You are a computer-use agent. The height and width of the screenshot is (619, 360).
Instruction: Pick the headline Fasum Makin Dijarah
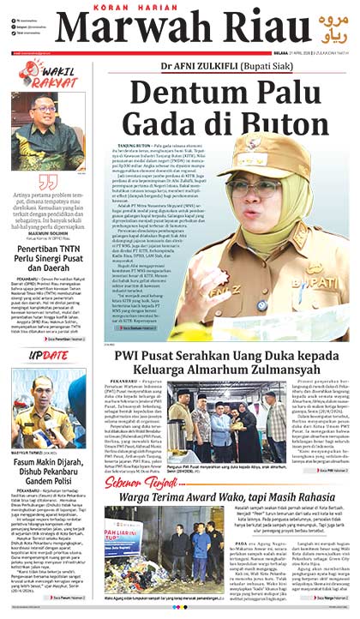48,457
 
